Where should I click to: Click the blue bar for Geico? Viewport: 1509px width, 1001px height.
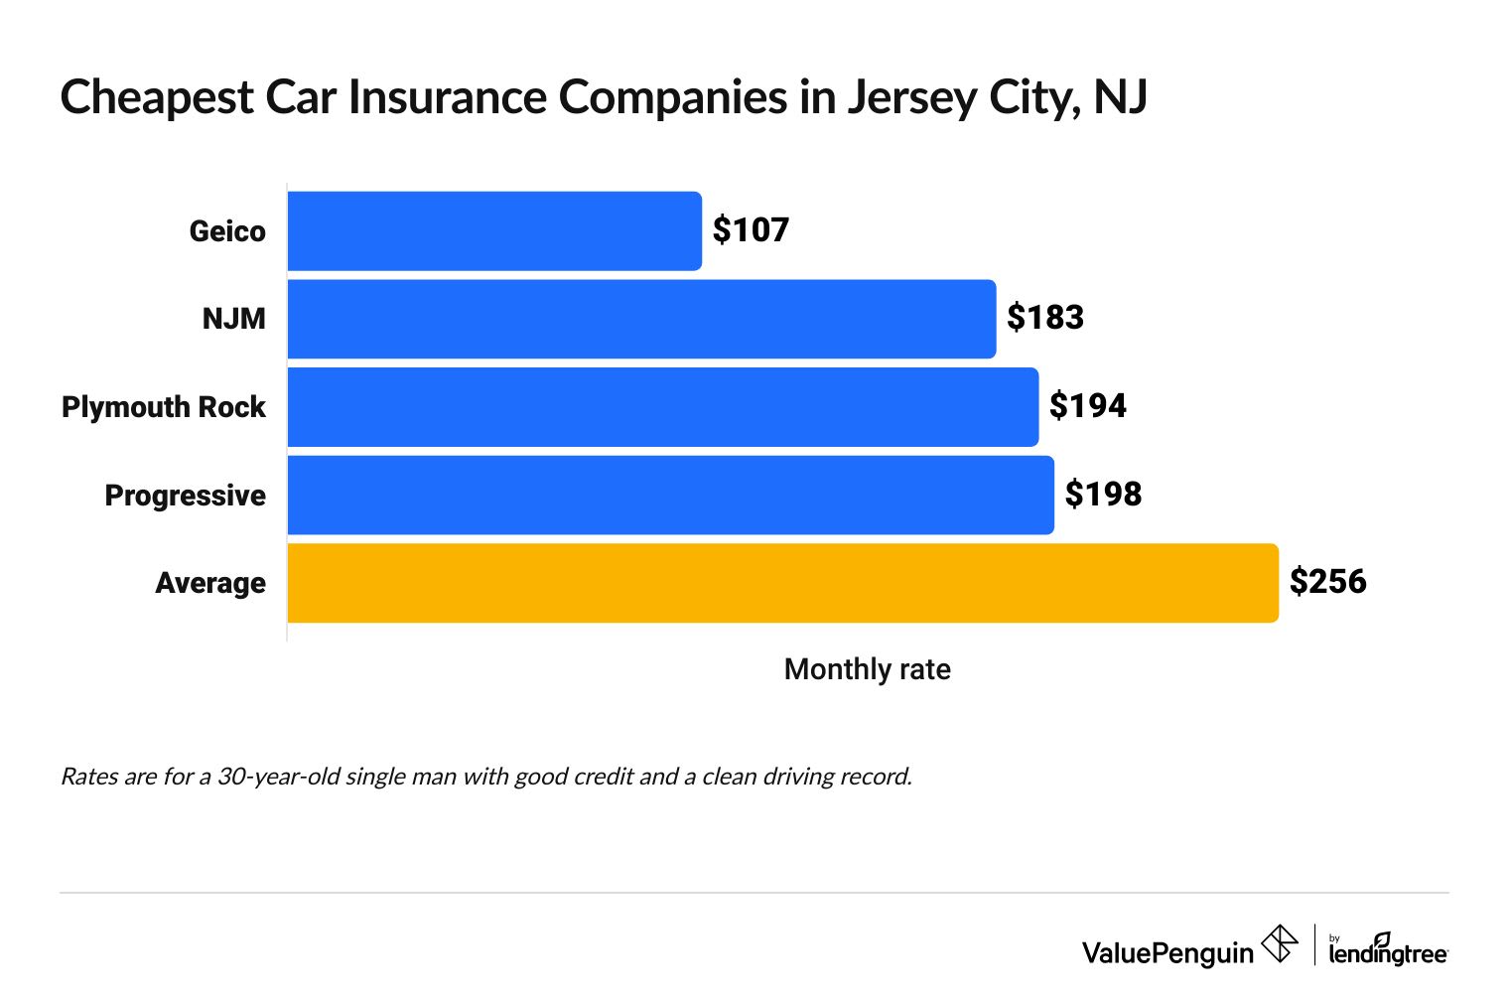coord(494,231)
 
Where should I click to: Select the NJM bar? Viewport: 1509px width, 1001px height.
coord(641,319)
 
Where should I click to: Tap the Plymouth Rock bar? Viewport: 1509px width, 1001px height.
coord(663,407)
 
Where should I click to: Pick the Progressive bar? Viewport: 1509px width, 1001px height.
coord(670,495)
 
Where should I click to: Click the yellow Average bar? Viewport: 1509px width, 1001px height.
coord(782,583)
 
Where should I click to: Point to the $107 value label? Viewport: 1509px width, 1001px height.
coord(751,230)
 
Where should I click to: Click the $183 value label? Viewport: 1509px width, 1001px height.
coord(1044,318)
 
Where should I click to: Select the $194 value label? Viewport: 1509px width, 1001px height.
coord(1087,406)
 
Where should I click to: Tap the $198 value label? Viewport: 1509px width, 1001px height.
coord(1103,495)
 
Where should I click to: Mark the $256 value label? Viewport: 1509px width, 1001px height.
coord(1327,582)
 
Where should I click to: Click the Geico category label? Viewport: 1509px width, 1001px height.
coord(227,231)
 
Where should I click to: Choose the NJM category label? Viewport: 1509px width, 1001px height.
coord(233,319)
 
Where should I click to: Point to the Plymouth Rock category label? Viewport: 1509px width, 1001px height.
coord(164,407)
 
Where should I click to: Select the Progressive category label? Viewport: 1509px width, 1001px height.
coord(185,496)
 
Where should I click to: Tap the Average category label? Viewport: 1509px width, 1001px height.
coord(210,583)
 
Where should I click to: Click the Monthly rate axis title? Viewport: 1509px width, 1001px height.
coord(867,669)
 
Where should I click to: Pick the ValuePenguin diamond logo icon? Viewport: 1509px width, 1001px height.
coord(1279,943)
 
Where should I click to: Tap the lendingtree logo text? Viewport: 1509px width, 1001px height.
coord(1388,953)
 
